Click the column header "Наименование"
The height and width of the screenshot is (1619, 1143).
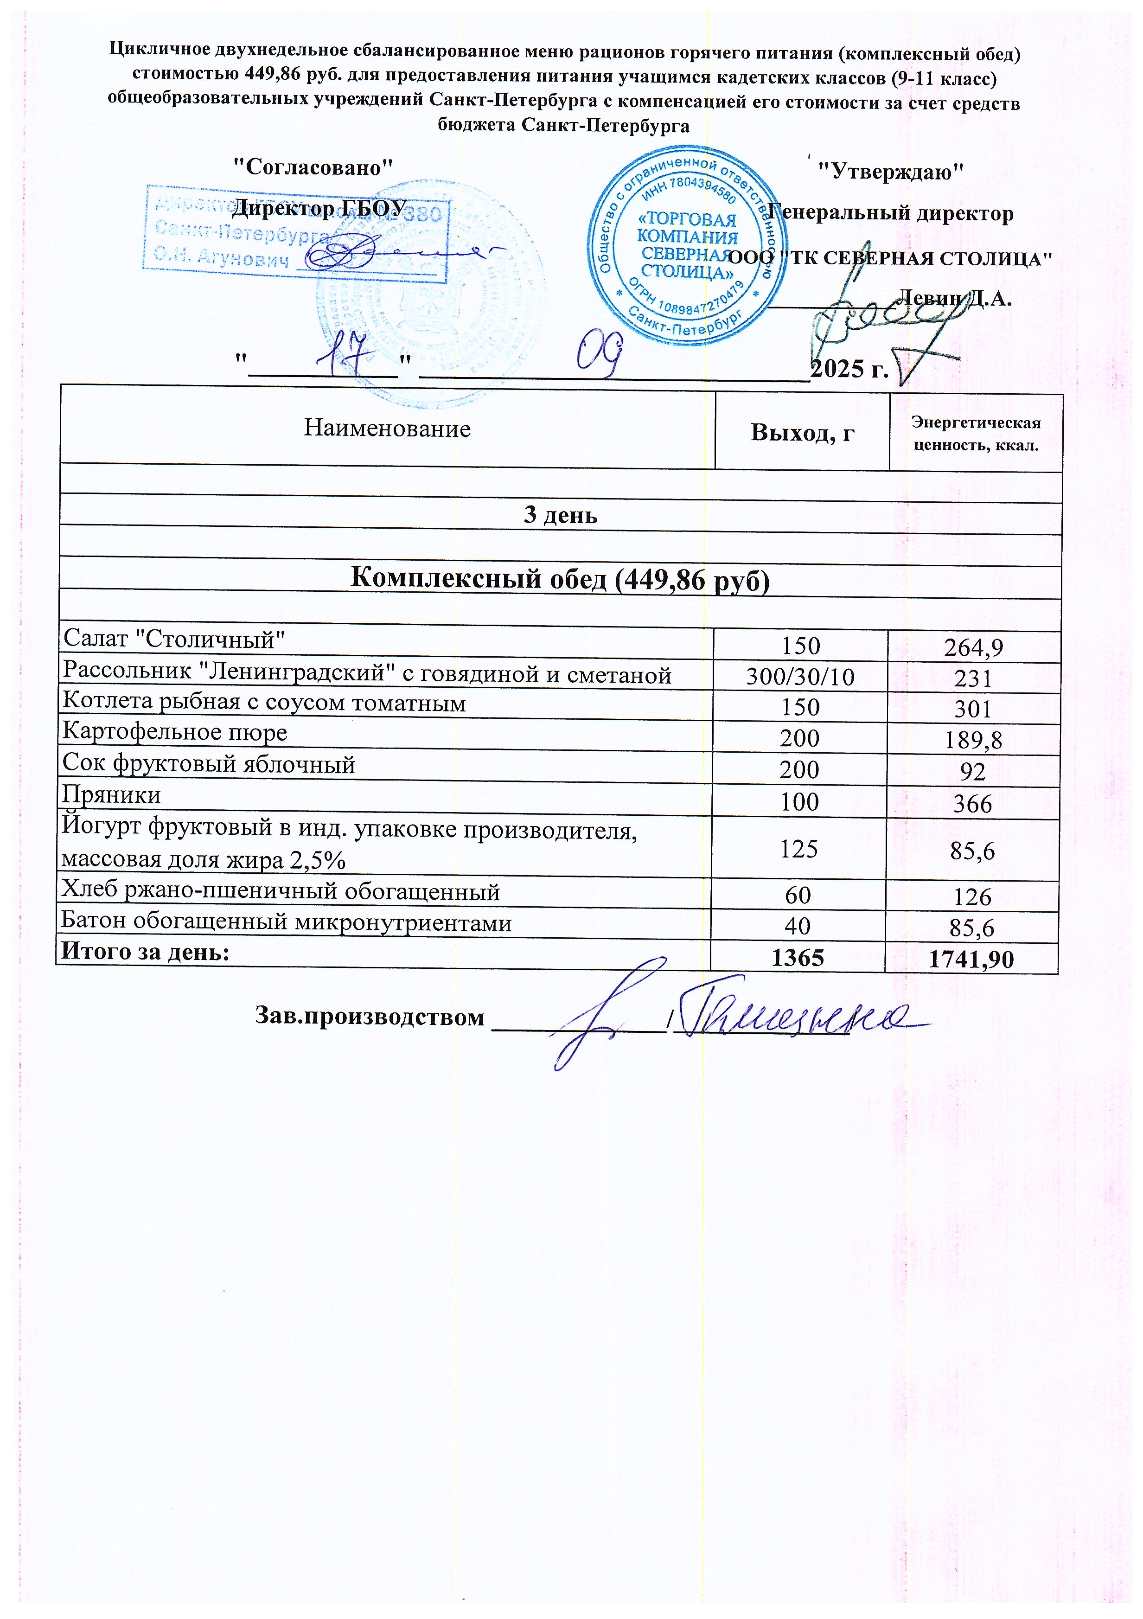tap(387, 429)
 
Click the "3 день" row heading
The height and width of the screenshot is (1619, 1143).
tap(561, 515)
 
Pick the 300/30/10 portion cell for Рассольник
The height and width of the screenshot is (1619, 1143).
tap(800, 678)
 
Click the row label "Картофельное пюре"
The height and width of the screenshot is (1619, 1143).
tap(175, 733)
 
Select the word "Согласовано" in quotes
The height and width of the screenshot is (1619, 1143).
tap(313, 168)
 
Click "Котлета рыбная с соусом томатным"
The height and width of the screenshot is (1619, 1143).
tap(264, 703)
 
